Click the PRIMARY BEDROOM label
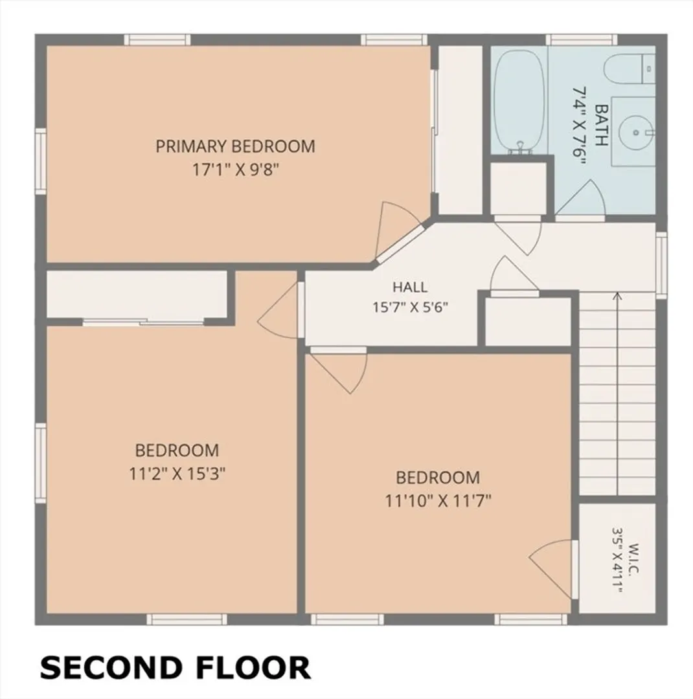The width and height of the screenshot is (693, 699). (x=235, y=146)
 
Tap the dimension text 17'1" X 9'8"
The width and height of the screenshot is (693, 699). (x=235, y=170)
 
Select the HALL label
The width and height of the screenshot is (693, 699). (x=410, y=287)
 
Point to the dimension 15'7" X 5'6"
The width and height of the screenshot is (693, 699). (x=410, y=307)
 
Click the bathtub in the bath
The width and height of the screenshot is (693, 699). (x=519, y=102)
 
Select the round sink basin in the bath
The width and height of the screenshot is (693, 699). (x=635, y=133)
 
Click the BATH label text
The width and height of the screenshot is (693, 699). (x=602, y=126)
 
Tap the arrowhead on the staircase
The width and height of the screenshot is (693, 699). (x=618, y=295)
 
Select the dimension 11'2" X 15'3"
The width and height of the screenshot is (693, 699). (x=177, y=474)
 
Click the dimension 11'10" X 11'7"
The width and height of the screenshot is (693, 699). (x=438, y=501)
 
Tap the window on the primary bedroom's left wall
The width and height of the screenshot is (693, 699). (x=41, y=161)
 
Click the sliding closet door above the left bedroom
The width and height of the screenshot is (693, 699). (x=143, y=322)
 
